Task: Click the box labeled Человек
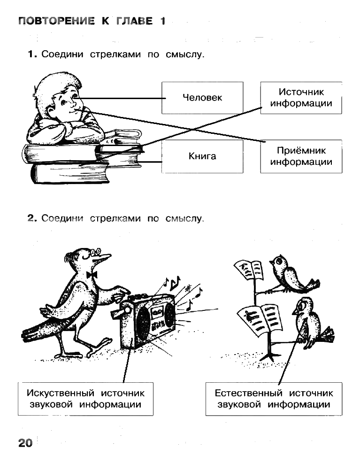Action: (202, 98)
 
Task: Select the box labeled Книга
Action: (202, 156)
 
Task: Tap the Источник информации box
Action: (301, 98)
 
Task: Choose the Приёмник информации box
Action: (301, 156)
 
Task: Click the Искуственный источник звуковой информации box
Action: (85, 399)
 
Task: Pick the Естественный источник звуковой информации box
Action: (274, 399)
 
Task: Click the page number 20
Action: (25, 443)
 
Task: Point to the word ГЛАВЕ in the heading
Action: (135, 21)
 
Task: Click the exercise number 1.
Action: (32, 54)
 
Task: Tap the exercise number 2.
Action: (32, 218)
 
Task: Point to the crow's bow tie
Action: (92, 275)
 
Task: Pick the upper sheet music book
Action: (248, 270)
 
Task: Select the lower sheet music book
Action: (259, 321)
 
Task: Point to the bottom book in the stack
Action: (69, 173)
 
